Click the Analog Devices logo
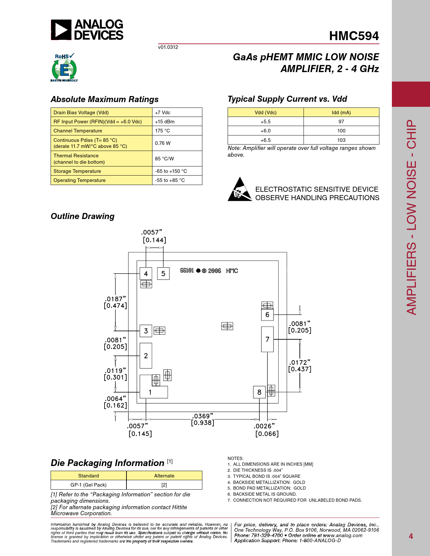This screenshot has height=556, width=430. tap(87, 30)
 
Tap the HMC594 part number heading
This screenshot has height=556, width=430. tap(354, 36)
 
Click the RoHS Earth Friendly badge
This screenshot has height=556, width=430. tap(64, 68)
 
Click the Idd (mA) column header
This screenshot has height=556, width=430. tap(341, 113)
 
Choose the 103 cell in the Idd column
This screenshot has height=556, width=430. tap(341, 140)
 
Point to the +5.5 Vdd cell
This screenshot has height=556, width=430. tap(265, 122)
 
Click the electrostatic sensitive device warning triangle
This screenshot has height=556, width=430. tap(239, 190)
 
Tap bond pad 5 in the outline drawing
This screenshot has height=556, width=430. tap(163, 274)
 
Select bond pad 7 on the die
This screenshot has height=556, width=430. tap(267, 339)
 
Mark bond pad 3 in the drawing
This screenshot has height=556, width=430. tap(146, 331)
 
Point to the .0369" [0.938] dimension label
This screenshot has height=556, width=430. tap(203, 420)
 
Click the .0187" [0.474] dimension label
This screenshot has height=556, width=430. tap(115, 302)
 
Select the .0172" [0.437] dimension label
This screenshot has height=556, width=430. tap(299, 366)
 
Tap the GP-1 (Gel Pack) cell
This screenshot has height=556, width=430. tap(88, 485)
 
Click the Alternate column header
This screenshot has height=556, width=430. tap(164, 476)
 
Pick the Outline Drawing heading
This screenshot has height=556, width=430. tap(83, 216)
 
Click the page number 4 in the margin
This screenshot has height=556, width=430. tap(410, 536)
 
